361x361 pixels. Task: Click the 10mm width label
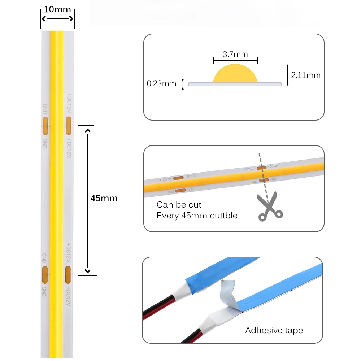[x=57, y=9]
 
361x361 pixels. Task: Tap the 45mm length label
[x=104, y=198]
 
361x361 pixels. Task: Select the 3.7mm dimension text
[x=235, y=55]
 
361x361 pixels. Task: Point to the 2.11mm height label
[x=306, y=75]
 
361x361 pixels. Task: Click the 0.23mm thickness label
[x=161, y=84]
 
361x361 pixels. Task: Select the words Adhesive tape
[x=274, y=330]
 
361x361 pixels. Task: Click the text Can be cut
[x=179, y=205]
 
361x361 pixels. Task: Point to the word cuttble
[x=224, y=216]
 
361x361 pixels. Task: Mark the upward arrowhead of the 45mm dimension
[x=87, y=131]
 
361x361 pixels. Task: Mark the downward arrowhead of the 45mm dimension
[x=87, y=270]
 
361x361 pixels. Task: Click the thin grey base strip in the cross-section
[x=235, y=84]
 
